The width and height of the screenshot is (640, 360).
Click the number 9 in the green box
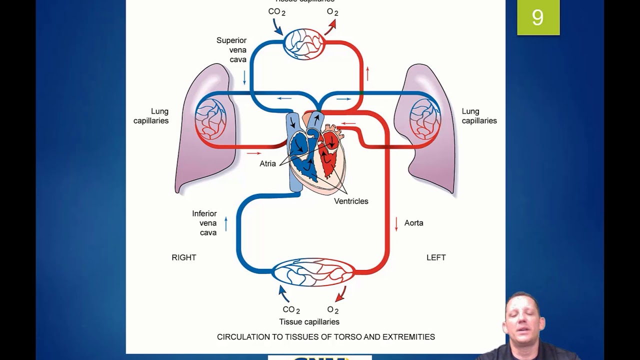537,18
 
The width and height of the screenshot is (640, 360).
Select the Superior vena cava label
231,50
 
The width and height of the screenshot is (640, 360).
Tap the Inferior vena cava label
204,223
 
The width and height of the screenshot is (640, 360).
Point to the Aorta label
413,223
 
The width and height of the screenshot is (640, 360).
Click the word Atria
267,163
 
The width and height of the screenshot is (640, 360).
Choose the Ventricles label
351,201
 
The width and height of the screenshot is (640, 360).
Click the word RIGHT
184,257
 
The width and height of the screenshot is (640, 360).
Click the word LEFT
436,257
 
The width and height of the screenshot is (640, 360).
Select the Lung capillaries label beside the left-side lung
151,116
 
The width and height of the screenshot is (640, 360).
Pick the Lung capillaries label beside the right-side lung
479,116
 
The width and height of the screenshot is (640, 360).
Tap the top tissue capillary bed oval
304,44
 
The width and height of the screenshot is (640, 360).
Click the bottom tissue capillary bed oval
313,272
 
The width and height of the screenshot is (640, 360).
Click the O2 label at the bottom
332,310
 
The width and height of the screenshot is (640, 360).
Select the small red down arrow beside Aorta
396,223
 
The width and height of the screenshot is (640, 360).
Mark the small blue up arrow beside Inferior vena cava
226,223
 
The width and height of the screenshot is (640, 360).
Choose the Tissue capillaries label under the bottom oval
309,322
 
